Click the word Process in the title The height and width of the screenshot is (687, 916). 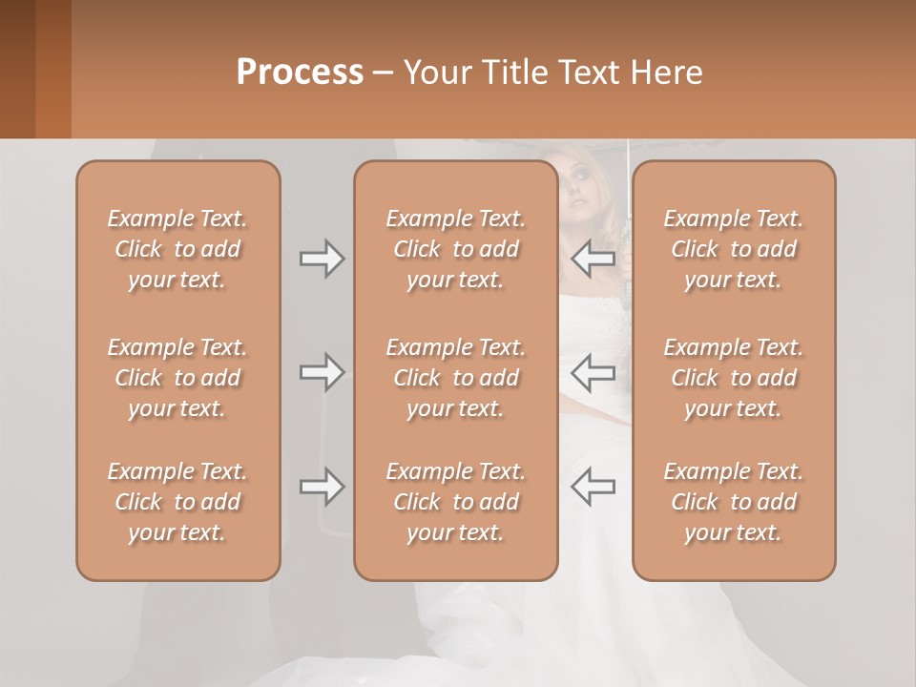pyautogui.click(x=300, y=73)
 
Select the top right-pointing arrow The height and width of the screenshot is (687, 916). pyautogui.click(x=322, y=259)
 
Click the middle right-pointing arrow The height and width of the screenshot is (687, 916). pyautogui.click(x=322, y=372)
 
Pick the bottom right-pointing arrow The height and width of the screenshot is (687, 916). pyautogui.click(x=322, y=487)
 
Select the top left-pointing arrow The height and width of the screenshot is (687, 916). pyautogui.click(x=593, y=259)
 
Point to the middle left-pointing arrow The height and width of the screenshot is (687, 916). pyautogui.click(x=593, y=372)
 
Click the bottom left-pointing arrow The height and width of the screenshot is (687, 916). pyautogui.click(x=593, y=487)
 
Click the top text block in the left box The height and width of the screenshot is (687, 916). pyautogui.click(x=177, y=249)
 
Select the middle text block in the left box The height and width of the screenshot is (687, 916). pyautogui.click(x=177, y=378)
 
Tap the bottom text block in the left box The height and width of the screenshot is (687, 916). pyautogui.click(x=177, y=502)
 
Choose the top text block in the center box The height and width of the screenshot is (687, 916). pyautogui.click(x=455, y=249)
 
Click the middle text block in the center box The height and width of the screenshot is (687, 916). pyautogui.click(x=455, y=378)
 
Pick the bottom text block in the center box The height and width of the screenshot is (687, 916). pyautogui.click(x=455, y=502)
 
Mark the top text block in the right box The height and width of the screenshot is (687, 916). pyautogui.click(x=734, y=249)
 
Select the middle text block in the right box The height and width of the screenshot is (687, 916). pyautogui.click(x=734, y=378)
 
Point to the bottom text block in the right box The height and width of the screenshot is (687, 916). pyautogui.click(x=734, y=502)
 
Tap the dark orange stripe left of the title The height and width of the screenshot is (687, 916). pyautogui.click(x=52, y=69)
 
